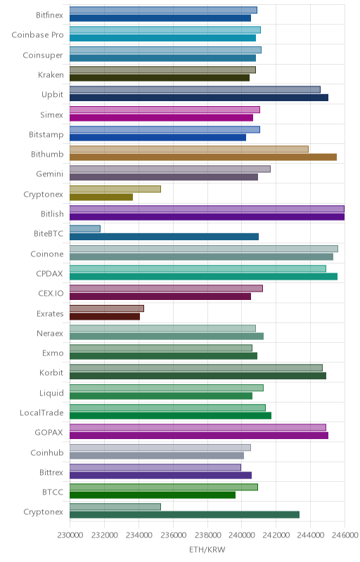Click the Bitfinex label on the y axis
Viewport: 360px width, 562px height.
[x=49, y=15]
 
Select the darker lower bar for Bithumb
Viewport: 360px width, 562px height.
[x=203, y=157]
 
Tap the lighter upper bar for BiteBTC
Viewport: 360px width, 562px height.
[x=85, y=229]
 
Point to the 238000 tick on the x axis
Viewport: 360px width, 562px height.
[x=207, y=535]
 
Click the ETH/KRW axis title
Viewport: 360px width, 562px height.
[x=207, y=549]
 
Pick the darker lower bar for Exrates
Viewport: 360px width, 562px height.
[x=105, y=316]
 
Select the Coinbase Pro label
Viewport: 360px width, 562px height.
[x=38, y=34]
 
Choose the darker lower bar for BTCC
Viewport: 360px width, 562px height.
[x=153, y=495]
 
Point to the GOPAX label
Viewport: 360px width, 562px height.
[x=49, y=433]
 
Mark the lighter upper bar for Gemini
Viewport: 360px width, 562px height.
[x=170, y=169]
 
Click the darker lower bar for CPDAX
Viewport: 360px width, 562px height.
[x=203, y=276]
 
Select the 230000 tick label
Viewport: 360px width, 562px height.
[x=70, y=535]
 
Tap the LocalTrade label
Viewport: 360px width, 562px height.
[x=41, y=412]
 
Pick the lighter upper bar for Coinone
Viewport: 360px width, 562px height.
[x=204, y=249]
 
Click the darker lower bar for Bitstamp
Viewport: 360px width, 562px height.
[x=157, y=137]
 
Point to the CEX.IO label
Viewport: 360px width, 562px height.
[x=51, y=293]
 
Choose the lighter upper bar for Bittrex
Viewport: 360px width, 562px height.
[x=155, y=467]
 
